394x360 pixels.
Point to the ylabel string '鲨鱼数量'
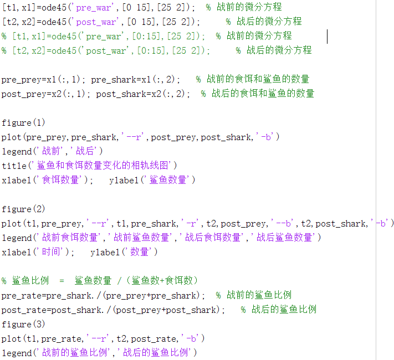click(169, 180)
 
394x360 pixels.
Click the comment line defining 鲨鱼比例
click(100, 281)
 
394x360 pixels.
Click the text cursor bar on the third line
click(328, 36)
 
